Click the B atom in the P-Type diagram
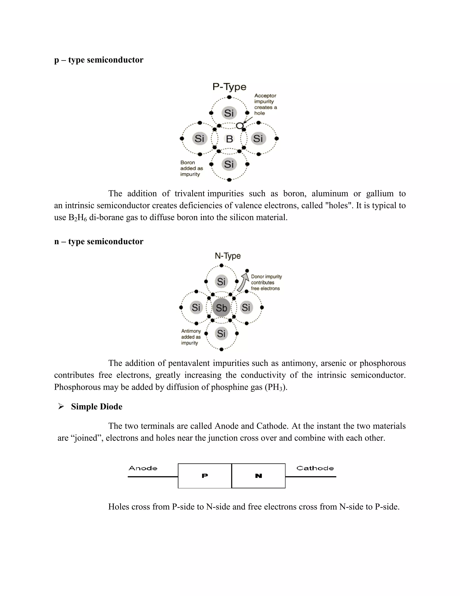coord(230,139)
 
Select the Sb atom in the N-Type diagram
coord(221,308)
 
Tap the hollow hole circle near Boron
coord(239,126)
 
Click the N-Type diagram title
coord(228,256)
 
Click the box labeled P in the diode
coord(205,476)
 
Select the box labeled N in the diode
coord(258,476)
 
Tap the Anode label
coord(143,468)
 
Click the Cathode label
coord(315,468)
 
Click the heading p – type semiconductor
coord(99,60)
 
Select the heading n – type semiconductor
coord(99,242)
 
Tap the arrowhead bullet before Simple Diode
coord(61,407)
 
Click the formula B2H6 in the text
coord(77,218)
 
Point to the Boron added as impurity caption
coord(191,168)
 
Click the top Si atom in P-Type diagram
coord(229,113)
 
